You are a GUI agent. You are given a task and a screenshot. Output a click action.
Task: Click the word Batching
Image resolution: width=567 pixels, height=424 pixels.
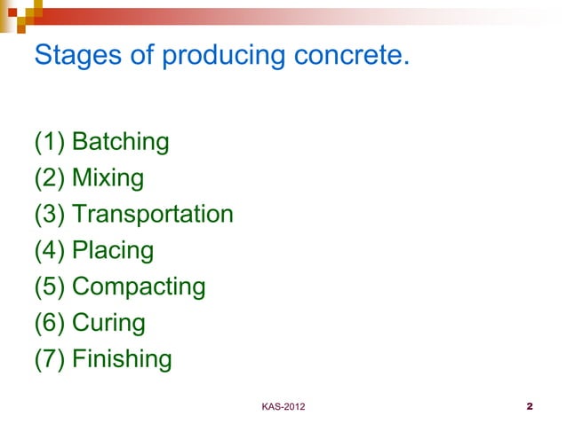click(x=121, y=143)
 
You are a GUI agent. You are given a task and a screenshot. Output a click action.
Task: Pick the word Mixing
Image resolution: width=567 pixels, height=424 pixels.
click(x=108, y=179)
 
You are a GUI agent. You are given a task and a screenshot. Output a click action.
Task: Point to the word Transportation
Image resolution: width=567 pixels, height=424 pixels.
click(x=153, y=215)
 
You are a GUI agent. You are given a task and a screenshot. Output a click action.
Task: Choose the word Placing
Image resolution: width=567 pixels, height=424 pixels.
click(x=113, y=252)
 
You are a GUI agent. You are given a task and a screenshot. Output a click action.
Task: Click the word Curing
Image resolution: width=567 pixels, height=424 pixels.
click(x=108, y=324)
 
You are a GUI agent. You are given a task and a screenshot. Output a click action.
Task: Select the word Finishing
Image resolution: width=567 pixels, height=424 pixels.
click(x=122, y=360)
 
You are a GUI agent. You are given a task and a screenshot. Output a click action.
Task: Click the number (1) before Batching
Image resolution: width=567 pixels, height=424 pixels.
click(x=49, y=143)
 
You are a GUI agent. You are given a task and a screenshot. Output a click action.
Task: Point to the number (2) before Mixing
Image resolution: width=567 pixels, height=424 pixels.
click(x=49, y=179)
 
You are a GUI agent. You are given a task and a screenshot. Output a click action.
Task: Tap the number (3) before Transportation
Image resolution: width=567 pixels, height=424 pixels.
click(x=49, y=215)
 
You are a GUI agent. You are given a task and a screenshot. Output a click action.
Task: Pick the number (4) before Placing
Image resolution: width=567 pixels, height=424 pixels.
click(x=49, y=251)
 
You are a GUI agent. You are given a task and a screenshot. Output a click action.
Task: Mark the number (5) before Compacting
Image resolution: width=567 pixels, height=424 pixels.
click(x=49, y=287)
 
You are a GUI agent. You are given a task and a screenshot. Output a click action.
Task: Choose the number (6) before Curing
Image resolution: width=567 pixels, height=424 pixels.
click(x=49, y=324)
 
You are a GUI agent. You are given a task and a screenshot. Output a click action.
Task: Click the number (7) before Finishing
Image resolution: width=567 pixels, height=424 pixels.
click(x=49, y=360)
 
